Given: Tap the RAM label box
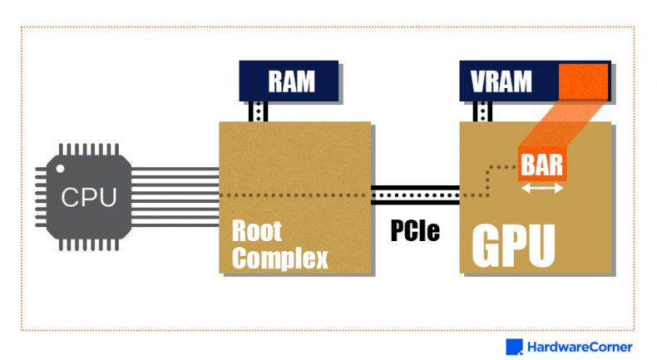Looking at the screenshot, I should pos(289,81).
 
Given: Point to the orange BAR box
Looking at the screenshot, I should pos(541,164).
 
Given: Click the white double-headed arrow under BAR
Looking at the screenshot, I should pos(541,188).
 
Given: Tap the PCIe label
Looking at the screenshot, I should pos(415,230).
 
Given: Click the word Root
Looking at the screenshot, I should pos(257,230).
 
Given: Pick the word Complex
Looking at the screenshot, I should pos(279,258).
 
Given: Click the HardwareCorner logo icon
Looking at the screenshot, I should pos(514,347).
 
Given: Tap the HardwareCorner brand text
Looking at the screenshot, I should pos(579,347).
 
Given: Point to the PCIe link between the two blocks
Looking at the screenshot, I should pos(415,195).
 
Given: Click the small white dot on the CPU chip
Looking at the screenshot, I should pos(61,169).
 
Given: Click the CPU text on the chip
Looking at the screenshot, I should pos(89,198).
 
